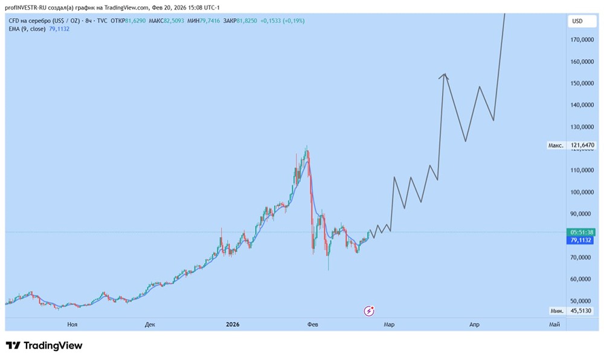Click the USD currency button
coord(577,21)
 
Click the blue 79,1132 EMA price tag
coord(582,240)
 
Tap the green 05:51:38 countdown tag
coord(582,232)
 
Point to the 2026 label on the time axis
coord(233,325)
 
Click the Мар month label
coord(389,325)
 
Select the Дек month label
coord(150,325)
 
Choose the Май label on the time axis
coord(554,325)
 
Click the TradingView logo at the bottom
coord(44,346)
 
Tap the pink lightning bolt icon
coord(370,311)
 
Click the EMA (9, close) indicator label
coord(26,28)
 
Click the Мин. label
coord(557,310)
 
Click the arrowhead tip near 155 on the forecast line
coord(445,74)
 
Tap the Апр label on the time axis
coord(475,325)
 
